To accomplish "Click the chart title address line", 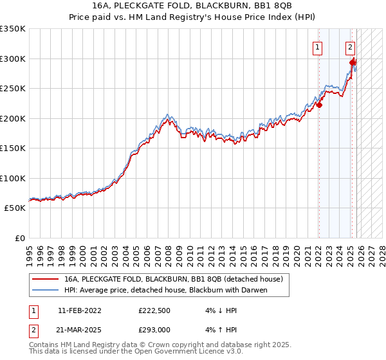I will tap(193, 5).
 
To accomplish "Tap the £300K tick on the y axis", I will tap(13, 59).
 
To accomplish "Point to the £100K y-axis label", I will tap(13, 178).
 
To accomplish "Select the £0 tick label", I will tap(19, 238).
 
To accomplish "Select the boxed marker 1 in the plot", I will tap(318, 46).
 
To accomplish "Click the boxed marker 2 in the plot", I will tap(350, 46).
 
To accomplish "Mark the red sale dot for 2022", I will tap(319, 105).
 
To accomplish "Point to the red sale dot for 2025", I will tap(353, 63).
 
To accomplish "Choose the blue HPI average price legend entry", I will tap(165, 290).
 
